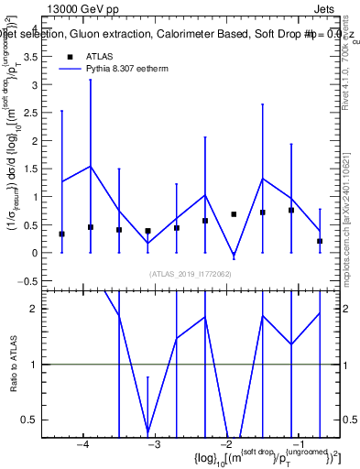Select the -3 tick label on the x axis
tap(154, 444)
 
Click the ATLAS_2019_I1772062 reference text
tap(191, 273)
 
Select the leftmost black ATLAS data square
tap(61, 234)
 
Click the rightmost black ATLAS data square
tap(320, 241)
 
